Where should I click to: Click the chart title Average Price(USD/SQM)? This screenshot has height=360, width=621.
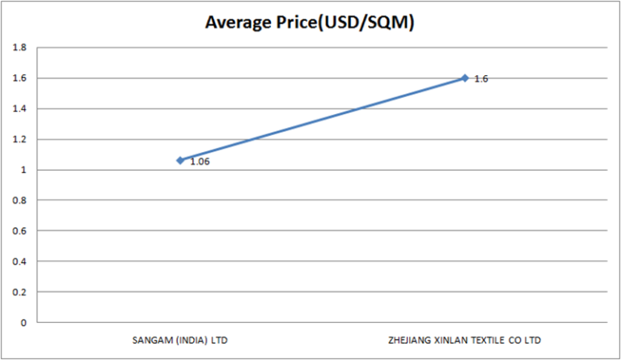(x=310, y=23)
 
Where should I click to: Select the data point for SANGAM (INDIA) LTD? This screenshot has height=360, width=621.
(x=180, y=160)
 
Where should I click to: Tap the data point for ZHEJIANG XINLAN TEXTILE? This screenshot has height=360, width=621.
(x=465, y=78)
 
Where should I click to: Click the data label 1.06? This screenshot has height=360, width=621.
(x=200, y=162)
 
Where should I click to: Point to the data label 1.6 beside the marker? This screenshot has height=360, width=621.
(x=481, y=79)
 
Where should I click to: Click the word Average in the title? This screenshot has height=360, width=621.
(x=239, y=23)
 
